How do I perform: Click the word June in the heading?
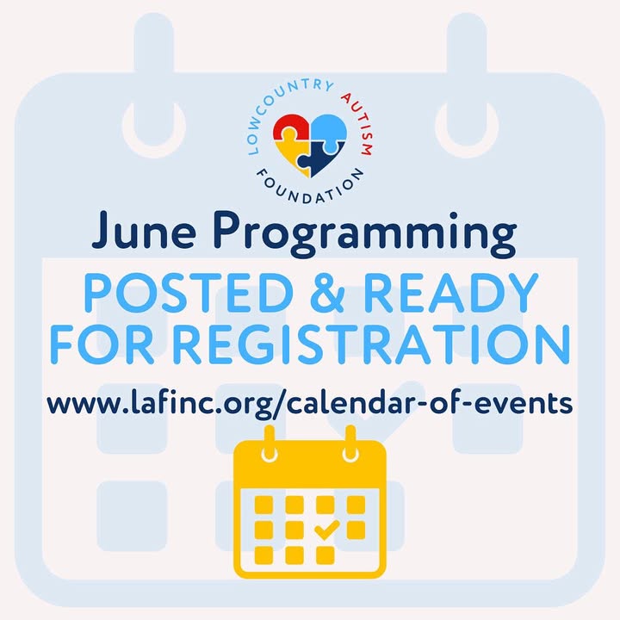144,230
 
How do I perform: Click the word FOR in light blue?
102,344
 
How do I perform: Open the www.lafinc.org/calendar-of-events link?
310,404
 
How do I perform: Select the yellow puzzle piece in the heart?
292,156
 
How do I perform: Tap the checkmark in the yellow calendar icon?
326,530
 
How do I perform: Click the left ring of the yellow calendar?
270,443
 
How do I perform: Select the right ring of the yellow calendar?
350,443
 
